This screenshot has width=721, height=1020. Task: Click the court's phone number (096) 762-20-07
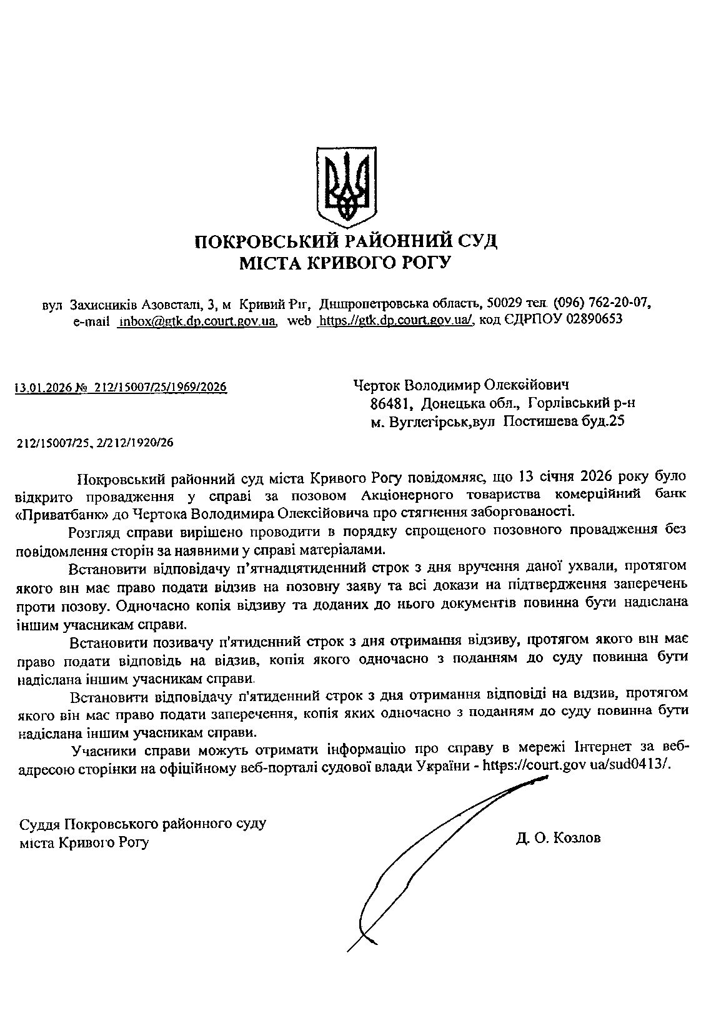pos(602,303)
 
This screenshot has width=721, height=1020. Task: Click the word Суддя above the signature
pos(40,824)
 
